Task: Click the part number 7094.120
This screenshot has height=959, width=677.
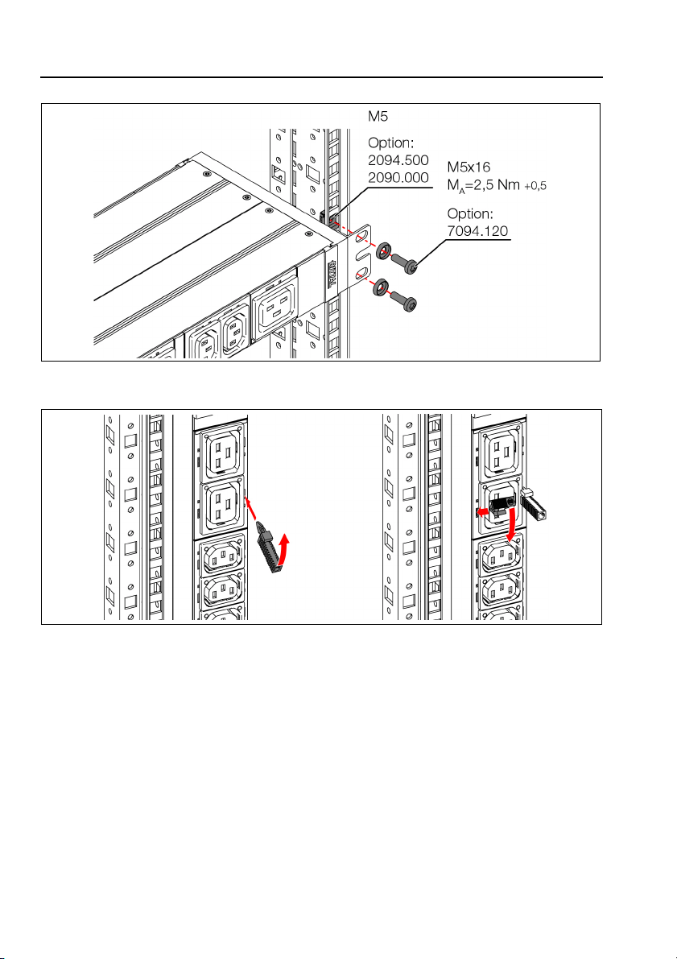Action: (478, 231)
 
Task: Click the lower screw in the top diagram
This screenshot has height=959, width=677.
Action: (406, 302)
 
